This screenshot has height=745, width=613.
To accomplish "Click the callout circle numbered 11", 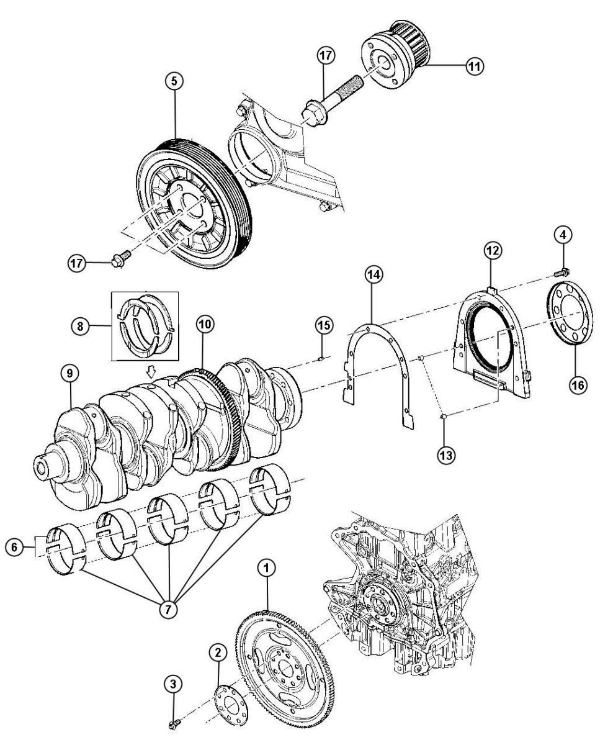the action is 474,66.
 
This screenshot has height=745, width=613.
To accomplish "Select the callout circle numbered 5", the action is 174,81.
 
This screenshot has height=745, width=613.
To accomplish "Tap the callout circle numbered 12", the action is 493,250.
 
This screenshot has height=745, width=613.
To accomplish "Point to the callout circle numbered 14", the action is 374,274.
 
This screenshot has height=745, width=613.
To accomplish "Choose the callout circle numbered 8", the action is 80,326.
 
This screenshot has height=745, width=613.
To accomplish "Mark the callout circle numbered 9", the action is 69,373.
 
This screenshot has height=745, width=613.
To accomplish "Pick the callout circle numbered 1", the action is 267,568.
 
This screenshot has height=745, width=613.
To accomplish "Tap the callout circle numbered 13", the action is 446,455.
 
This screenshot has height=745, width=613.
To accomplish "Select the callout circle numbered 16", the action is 578,385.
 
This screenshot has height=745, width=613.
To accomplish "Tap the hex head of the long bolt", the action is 313,113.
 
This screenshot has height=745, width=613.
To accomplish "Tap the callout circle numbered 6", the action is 14,547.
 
